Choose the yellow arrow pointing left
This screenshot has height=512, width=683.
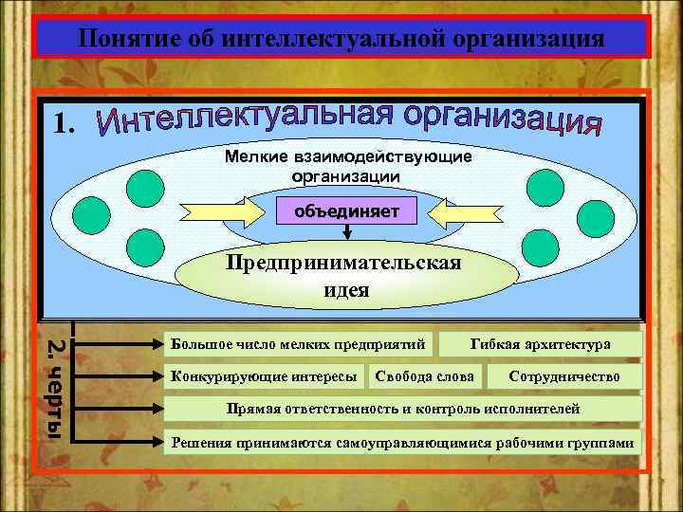pyautogui.click(x=442, y=208)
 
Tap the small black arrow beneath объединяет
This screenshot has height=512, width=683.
pyautogui.click(x=346, y=232)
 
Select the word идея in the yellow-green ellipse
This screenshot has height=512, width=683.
pyautogui.click(x=345, y=290)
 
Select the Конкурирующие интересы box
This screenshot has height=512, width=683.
pyautogui.click(x=265, y=376)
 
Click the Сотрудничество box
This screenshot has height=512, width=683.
pyautogui.click(x=564, y=376)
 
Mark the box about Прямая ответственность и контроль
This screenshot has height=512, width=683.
pyautogui.click(x=403, y=410)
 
